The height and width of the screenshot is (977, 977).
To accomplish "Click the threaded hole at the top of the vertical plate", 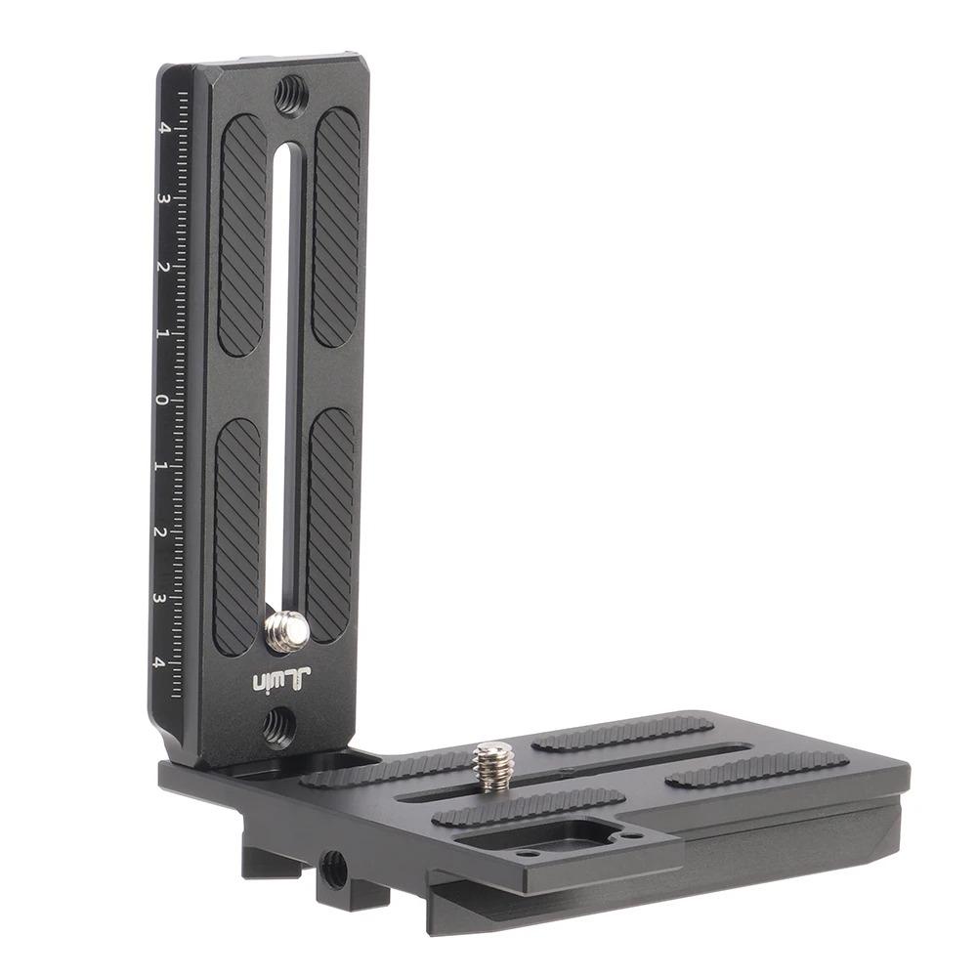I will [290, 94].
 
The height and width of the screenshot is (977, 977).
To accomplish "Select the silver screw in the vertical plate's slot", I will [286, 631].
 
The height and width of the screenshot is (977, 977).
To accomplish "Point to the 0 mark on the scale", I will [162, 400].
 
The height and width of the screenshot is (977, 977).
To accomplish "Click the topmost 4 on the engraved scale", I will [164, 127].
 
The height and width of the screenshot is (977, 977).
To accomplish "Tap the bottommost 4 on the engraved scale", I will [158, 662].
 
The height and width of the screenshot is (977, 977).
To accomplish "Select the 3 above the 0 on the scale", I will [163, 198].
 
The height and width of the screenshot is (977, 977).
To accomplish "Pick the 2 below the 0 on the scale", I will [160, 532].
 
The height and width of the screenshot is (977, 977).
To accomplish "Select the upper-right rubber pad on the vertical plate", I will [336, 227].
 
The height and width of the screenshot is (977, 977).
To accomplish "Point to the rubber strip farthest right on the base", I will [758, 769].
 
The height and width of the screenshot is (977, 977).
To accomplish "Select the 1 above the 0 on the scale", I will [163, 333].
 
